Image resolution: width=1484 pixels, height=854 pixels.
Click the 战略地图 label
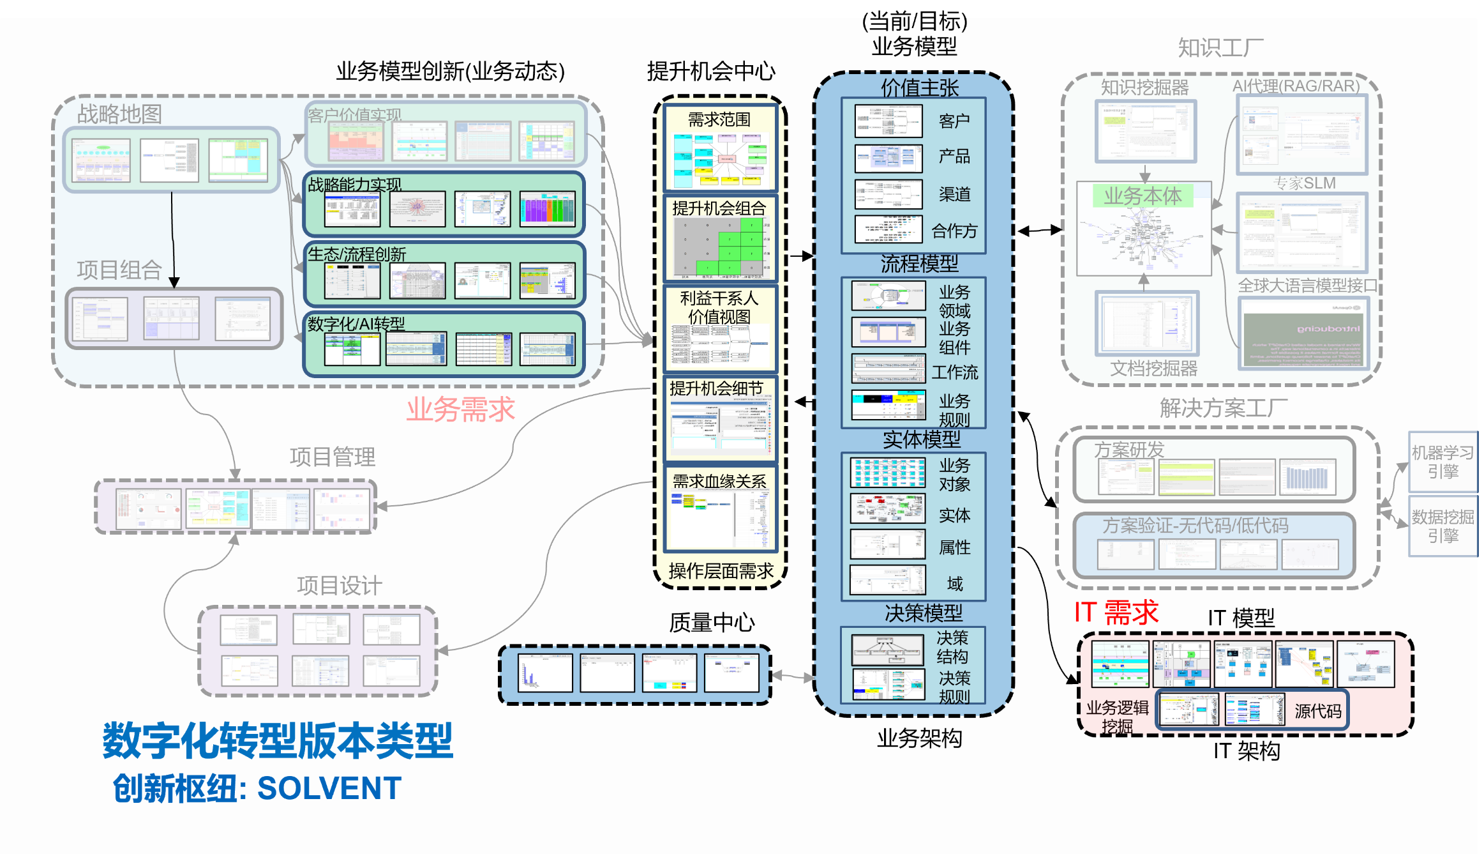click(x=119, y=114)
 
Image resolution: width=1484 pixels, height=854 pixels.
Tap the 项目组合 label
click(x=119, y=270)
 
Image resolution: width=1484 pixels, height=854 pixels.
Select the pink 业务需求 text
click(x=460, y=409)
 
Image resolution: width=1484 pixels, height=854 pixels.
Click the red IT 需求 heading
click(x=1116, y=613)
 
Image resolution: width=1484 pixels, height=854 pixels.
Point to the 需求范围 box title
click(x=719, y=119)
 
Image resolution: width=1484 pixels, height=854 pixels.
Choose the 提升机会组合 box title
click(x=719, y=208)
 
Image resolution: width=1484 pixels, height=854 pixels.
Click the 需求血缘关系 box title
click(x=719, y=481)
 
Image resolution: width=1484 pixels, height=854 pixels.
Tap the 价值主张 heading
click(x=920, y=88)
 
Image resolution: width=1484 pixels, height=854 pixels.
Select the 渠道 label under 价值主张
click(x=954, y=194)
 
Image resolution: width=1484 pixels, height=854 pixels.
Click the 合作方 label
click(x=954, y=231)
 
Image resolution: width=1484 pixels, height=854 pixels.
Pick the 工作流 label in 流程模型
click(x=954, y=372)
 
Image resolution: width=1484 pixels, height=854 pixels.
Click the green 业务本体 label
click(x=1143, y=195)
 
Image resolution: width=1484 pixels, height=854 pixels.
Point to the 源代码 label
click(x=1318, y=711)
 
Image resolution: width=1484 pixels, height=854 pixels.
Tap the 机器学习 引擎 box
click(x=1443, y=462)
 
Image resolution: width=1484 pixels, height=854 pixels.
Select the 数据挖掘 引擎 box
click(x=1443, y=526)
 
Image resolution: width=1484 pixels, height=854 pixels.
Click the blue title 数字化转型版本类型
click(x=278, y=741)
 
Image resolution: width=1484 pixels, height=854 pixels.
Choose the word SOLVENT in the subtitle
click(x=329, y=788)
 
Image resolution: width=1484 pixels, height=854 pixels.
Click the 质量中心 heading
click(x=712, y=622)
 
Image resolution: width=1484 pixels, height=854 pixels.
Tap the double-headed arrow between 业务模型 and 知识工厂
click(x=1040, y=231)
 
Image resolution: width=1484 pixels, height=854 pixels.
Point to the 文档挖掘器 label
click(x=1153, y=368)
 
